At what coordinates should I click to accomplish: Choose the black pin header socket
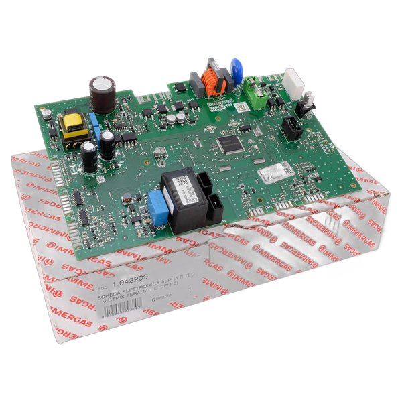click(x=291, y=127)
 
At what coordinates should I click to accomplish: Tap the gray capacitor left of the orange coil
click(x=195, y=82)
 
